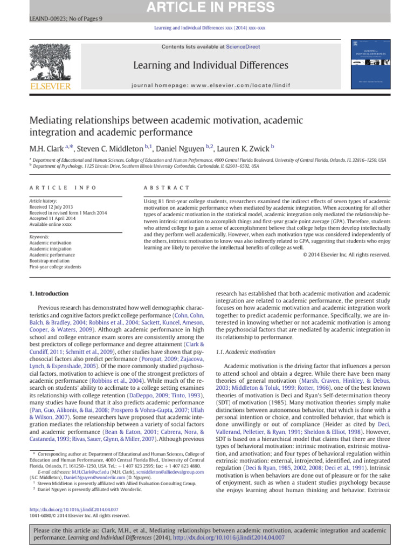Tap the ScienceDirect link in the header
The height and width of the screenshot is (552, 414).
pos(243,47)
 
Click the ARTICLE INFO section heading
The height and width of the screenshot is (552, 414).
pos(63,188)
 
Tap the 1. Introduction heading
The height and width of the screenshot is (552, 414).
pos(48,294)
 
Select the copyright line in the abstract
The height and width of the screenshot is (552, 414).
pos(346,256)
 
